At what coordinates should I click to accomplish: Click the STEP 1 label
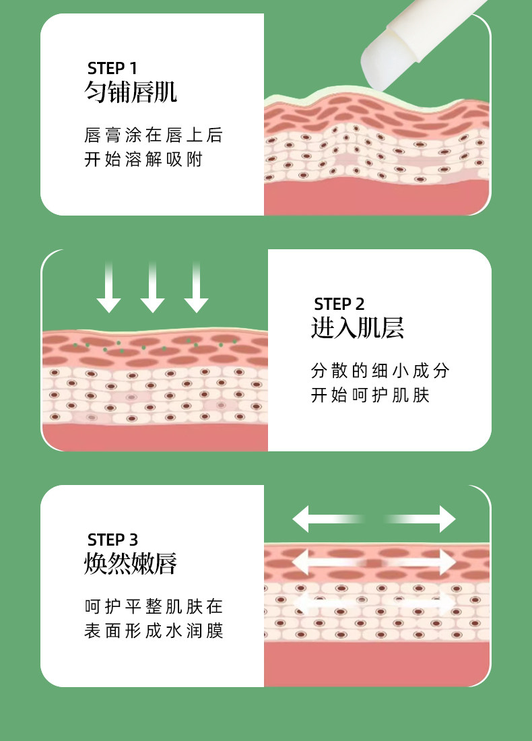point(112,68)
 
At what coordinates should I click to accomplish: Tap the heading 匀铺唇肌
point(131,92)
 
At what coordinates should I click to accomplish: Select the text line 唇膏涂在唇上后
point(154,135)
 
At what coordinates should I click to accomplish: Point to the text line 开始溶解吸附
point(143,160)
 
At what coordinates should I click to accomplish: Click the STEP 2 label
point(339,304)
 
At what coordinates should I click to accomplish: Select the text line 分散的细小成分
point(380,370)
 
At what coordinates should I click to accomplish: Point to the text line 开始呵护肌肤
point(370,395)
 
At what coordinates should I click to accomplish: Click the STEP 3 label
point(112,540)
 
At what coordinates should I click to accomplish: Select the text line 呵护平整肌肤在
point(154,606)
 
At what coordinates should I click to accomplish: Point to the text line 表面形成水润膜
point(154,631)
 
